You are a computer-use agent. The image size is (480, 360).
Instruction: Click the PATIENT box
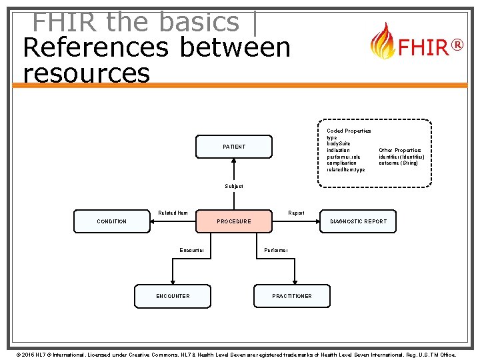pyautogui.click(x=233, y=147)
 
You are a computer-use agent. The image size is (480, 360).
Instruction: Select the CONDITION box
pyautogui.click(x=111, y=221)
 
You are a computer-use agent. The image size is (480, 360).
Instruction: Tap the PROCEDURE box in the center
pyautogui.click(x=234, y=221)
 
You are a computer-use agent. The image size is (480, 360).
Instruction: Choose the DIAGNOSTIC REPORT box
pyautogui.click(x=359, y=221)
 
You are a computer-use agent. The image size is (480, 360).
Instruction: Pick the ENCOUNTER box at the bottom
pyautogui.click(x=173, y=296)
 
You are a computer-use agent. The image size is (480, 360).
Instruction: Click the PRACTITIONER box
pyautogui.click(x=291, y=296)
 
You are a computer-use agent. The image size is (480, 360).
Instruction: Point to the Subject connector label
pyautogui.click(x=234, y=187)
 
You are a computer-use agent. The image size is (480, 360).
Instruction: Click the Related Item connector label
pyautogui.click(x=173, y=213)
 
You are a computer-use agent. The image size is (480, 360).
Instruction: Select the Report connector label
pyautogui.click(x=296, y=213)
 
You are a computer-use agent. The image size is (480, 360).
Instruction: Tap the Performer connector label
pyautogui.click(x=276, y=251)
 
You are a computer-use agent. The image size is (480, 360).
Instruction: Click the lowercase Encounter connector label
pyautogui.click(x=192, y=251)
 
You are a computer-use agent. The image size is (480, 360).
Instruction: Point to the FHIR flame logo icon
pyautogui.click(x=382, y=41)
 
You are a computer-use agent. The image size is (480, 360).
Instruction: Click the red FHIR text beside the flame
pyautogui.click(x=423, y=48)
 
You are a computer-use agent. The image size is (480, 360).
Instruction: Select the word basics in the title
pyautogui.click(x=199, y=22)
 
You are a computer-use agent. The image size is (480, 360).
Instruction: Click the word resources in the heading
pyautogui.click(x=86, y=73)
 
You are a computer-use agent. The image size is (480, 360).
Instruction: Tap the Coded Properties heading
pyautogui.click(x=349, y=131)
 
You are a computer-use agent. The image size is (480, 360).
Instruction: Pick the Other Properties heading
pyautogui.click(x=399, y=151)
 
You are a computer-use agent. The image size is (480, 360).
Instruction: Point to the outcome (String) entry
pyautogui.click(x=399, y=163)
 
